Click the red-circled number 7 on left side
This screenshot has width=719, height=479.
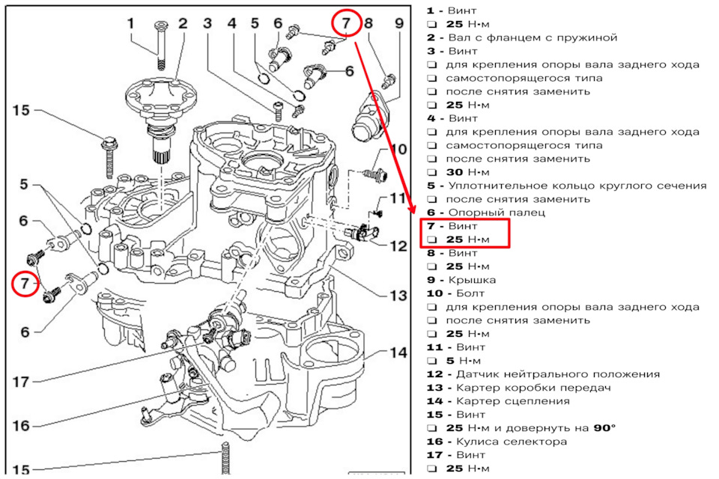[25, 284]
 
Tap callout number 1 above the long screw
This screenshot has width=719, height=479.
[131, 23]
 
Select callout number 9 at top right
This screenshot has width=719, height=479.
[398, 23]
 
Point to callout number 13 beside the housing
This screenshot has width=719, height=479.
[397, 296]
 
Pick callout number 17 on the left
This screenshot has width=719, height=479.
[20, 381]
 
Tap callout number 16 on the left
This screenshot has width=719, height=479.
[20, 425]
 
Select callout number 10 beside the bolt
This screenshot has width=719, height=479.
[398, 148]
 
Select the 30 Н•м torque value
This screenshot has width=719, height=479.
[466, 172]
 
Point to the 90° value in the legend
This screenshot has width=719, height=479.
[603, 428]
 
